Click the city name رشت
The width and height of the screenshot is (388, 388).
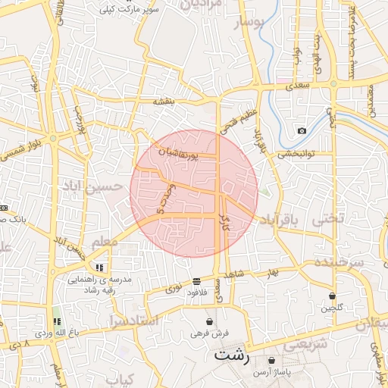pos(230,354)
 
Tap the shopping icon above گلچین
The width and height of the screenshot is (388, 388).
pos(332,296)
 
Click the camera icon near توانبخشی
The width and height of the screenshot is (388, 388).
pos(302,131)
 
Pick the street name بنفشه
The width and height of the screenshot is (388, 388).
pos(164,102)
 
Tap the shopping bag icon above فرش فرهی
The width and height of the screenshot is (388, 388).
pos(209,321)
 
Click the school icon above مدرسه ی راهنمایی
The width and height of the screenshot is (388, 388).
pos(99,267)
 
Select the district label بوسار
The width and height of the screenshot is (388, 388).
pos(250,22)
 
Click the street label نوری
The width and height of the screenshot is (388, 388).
pos(174,289)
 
